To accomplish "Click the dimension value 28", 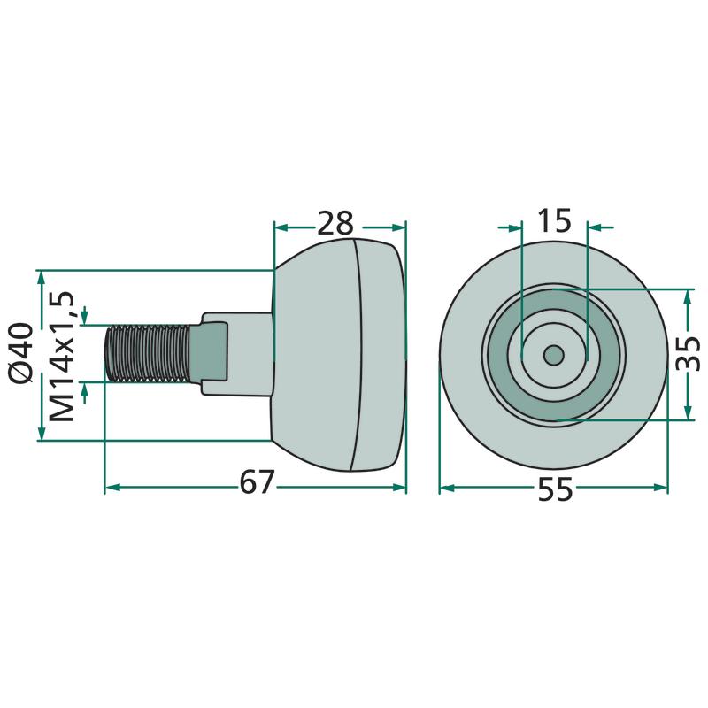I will point(335,223).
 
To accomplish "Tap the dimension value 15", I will point(554,220).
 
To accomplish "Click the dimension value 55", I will point(555,489).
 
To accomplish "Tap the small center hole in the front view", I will point(554,355).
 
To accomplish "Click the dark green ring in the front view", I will point(554,406).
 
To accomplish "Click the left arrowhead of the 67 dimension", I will point(112,487).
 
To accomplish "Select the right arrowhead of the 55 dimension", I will point(660,487).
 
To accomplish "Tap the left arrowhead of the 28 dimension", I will point(282,227).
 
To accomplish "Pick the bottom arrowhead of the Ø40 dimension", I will point(41,433).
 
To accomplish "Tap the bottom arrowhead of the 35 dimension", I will point(689,412).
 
